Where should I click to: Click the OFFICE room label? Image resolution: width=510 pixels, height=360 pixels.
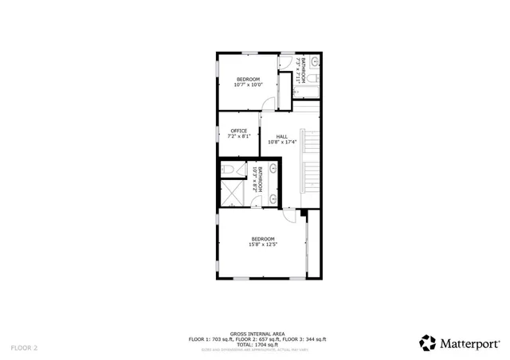pyautogui.click(x=239, y=131)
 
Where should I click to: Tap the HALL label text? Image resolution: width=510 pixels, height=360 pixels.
pyautogui.click(x=282, y=136)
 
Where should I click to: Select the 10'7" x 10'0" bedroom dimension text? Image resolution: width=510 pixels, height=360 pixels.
pyautogui.click(x=246, y=84)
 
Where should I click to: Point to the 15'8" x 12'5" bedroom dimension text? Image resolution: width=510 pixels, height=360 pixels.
pyautogui.click(x=262, y=245)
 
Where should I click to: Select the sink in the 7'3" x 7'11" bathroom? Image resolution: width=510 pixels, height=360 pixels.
pyautogui.click(x=314, y=61)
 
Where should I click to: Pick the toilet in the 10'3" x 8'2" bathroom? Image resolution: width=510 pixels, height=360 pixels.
pyautogui.click(x=229, y=170)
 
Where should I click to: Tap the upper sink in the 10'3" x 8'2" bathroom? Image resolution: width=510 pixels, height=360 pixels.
pyautogui.click(x=273, y=168)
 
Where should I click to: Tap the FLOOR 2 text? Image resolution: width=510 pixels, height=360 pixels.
pyautogui.click(x=24, y=348)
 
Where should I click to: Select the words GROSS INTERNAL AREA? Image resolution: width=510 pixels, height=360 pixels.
pyautogui.click(x=257, y=334)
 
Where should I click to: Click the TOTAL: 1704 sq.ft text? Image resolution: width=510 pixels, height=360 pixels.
pyautogui.click(x=257, y=345)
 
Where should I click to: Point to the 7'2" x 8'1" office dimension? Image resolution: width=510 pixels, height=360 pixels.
pyautogui.click(x=239, y=136)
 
